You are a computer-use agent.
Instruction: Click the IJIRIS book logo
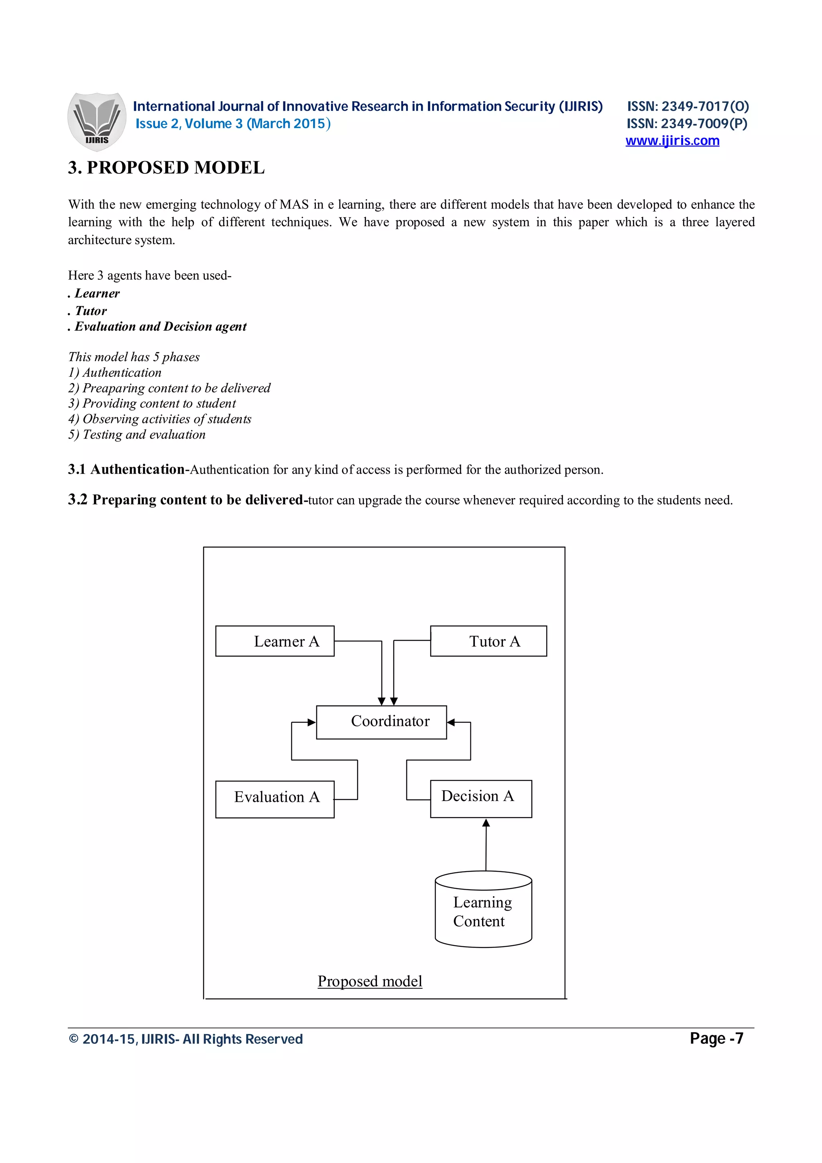coord(96,122)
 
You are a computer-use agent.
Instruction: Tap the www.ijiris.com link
coord(672,141)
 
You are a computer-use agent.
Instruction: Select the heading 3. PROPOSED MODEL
coord(166,168)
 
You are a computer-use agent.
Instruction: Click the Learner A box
coord(275,641)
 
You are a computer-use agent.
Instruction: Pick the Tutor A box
coord(488,641)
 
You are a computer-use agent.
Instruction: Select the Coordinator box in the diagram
coord(381,722)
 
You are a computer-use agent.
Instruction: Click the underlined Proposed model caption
coord(370,981)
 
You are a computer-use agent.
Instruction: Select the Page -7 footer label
coord(716,1039)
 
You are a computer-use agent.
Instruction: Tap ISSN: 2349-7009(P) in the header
coord(687,124)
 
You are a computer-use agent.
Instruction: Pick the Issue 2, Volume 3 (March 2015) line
coord(233,124)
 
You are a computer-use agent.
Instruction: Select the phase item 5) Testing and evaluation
coord(137,435)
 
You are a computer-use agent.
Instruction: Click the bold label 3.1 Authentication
coord(126,470)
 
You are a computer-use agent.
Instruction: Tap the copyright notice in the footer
coord(185,1039)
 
